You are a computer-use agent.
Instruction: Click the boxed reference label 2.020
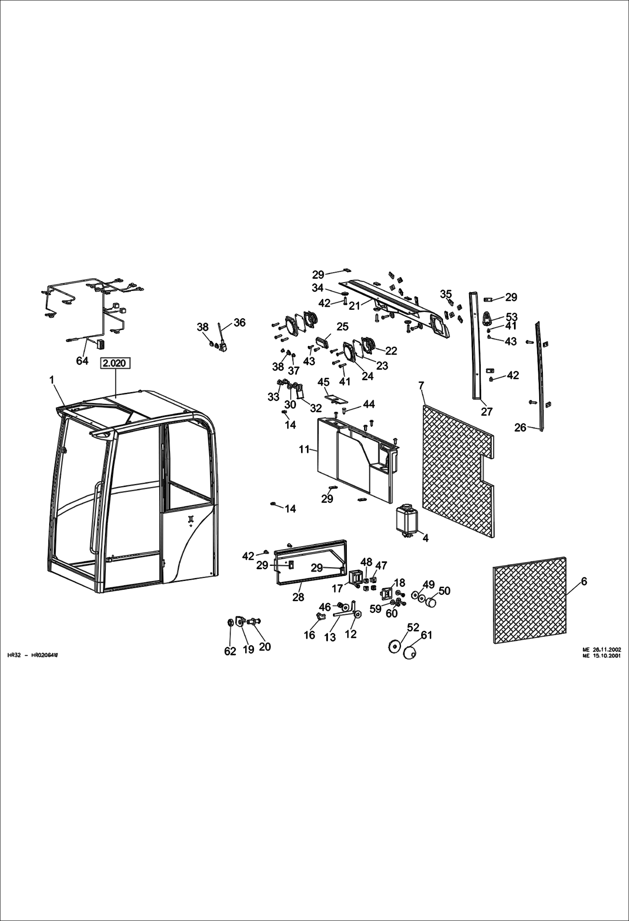pos(115,363)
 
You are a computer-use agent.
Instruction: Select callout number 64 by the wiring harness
pos(82,361)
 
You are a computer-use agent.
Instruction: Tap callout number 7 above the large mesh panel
pos(422,385)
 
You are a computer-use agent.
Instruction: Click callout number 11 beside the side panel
pos(304,449)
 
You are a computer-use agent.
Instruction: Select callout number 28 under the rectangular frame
pos(298,597)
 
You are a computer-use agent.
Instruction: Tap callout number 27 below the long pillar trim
pos(486,412)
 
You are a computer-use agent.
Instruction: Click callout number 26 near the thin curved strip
pos(520,427)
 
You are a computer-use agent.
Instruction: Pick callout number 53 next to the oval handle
pos(511,317)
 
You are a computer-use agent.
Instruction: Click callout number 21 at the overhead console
pos(354,306)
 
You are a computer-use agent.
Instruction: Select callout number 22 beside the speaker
pos(391,351)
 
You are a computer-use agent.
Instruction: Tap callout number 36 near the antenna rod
pos(239,322)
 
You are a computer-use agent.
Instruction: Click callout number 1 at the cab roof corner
pos(52,380)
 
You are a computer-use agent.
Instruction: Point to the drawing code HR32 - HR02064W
pos(32,655)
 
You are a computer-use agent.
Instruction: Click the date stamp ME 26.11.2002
pos(602,649)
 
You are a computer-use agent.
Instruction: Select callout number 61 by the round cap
pos(426,635)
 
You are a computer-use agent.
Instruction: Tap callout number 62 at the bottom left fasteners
pos(230,651)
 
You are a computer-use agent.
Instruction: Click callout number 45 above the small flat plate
pos(323,382)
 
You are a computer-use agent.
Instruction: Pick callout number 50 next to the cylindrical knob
pos(444,591)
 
